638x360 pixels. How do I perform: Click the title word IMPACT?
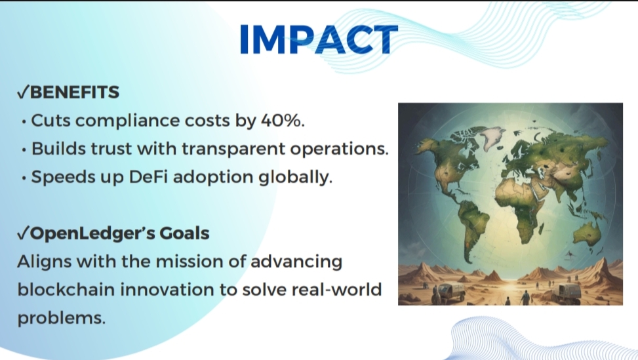tap(319, 39)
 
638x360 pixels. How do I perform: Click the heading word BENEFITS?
tap(75, 92)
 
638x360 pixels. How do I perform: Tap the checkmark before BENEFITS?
tap(23, 92)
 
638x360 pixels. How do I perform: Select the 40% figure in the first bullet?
tap(283, 121)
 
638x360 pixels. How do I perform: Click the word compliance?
tap(128, 121)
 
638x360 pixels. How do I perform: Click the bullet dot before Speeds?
tap(24, 178)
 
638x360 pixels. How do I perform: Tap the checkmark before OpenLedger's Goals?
tap(23, 233)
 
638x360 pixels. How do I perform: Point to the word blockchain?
tap(66, 290)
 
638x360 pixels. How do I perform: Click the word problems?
tap(62, 319)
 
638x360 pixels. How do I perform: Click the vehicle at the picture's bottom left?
tap(450, 292)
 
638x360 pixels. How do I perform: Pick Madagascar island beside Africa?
tap(542, 229)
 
